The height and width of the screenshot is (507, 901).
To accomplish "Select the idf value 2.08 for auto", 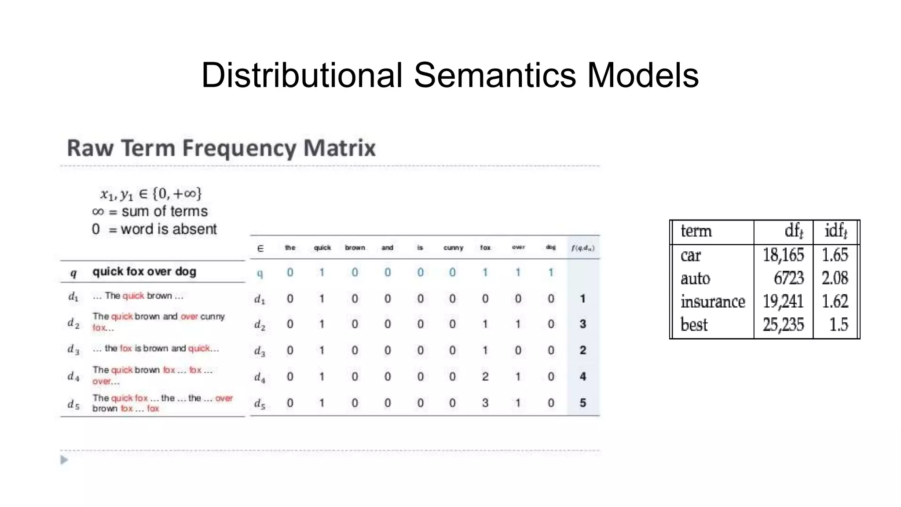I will tap(835, 278).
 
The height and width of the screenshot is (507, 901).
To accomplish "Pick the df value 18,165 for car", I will tap(783, 255).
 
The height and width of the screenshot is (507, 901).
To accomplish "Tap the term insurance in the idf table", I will tap(713, 302).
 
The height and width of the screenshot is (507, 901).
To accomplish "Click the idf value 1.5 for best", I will tap(839, 325).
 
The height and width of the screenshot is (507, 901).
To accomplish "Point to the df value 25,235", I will tap(783, 325).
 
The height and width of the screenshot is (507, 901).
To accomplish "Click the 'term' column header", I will tap(696, 231).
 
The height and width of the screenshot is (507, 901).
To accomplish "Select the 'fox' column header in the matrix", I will tap(485, 248).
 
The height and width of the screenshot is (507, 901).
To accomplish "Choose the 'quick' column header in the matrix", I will tap(322, 248).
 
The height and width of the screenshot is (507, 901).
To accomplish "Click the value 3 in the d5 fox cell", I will tap(485, 403).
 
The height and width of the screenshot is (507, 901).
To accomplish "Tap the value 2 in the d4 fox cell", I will tap(485, 377).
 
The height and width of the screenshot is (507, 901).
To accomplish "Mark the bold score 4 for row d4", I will tap(582, 377).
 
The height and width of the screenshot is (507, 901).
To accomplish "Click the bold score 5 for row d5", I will tap(582, 403).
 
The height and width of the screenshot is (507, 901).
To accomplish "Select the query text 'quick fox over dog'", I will tap(144, 272).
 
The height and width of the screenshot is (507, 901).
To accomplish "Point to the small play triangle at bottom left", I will tap(64, 460).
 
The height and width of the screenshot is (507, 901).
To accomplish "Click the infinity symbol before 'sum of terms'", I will tap(98, 212).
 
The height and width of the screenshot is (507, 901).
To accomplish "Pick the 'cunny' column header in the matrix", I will tap(453, 248).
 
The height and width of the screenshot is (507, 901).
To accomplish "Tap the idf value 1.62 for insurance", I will tap(835, 302).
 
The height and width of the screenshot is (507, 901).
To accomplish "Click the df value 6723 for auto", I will tap(788, 278).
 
